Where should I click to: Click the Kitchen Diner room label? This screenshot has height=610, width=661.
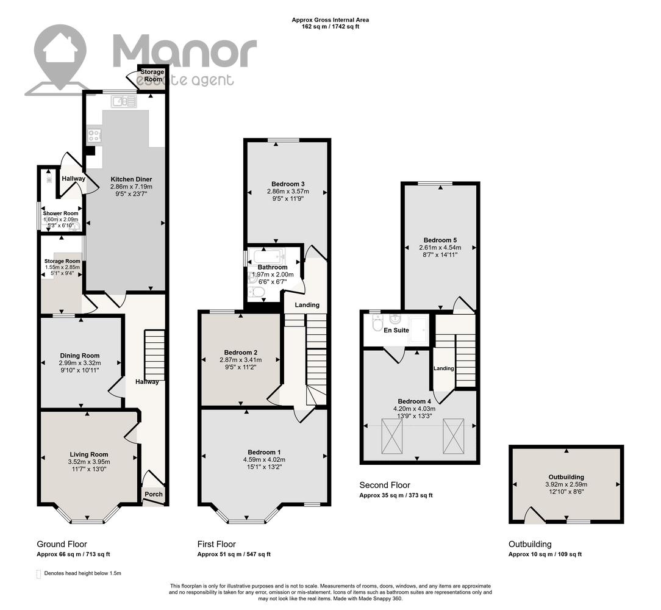click(131, 179)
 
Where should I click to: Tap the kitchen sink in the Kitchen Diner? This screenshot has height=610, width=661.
click(124, 101)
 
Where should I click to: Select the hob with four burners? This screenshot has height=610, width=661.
click(94, 135)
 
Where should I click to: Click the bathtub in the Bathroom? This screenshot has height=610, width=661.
click(267, 256)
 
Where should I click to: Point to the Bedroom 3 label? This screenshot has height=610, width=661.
click(288, 184)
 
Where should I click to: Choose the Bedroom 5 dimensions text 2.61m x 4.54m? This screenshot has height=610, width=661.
click(440, 248)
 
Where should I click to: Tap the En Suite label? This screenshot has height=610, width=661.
click(396, 330)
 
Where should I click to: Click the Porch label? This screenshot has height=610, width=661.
click(154, 495)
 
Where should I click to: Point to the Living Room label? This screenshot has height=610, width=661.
click(89, 454)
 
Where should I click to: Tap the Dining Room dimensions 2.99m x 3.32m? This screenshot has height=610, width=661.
click(80, 363)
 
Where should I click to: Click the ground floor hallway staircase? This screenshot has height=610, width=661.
click(155, 354)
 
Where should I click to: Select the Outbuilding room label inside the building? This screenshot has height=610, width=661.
click(566, 477)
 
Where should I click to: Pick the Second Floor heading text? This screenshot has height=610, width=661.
click(384, 485)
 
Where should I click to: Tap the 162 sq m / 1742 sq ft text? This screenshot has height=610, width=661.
click(330, 27)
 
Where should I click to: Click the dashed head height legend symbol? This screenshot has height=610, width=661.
click(39, 574)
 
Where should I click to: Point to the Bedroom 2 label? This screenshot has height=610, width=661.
click(241, 353)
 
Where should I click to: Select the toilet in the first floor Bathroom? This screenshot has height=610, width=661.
click(256, 292)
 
